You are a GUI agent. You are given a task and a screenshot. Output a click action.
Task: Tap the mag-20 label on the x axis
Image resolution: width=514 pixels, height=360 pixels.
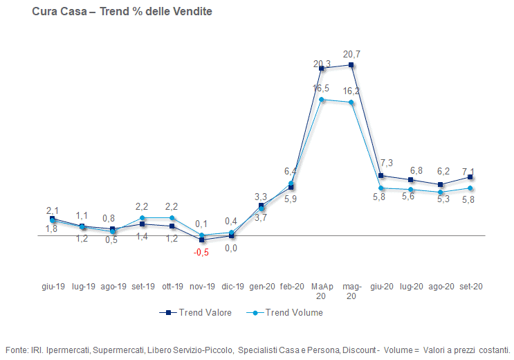[352, 291]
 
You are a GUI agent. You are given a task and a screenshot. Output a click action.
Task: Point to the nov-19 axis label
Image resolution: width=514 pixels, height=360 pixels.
[202, 286]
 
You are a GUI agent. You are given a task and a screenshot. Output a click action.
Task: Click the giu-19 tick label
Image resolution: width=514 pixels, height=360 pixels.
[53, 286]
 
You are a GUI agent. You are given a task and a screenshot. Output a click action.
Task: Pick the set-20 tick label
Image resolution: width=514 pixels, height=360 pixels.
[470, 286]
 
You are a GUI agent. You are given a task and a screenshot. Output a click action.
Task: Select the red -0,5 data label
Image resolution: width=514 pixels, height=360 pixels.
[201, 252]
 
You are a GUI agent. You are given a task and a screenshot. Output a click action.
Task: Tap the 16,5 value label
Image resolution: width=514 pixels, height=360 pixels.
[321, 88]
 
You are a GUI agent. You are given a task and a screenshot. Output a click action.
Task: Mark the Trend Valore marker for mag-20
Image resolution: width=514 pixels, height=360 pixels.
[352, 65]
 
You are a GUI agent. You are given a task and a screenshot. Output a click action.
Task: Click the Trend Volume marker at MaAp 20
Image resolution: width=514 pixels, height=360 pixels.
[322, 100]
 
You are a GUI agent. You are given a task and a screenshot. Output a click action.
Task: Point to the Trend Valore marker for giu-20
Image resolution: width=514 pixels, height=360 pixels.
[381, 175]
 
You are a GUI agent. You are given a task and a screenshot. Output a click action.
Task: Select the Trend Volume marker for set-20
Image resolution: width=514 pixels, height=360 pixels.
[470, 188]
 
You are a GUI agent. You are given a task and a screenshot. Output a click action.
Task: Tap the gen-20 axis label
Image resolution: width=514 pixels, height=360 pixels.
[261, 286]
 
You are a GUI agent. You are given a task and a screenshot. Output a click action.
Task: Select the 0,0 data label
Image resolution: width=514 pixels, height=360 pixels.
[232, 248]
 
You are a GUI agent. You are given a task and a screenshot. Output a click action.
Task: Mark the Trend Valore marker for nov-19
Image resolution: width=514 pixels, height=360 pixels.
[202, 240]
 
